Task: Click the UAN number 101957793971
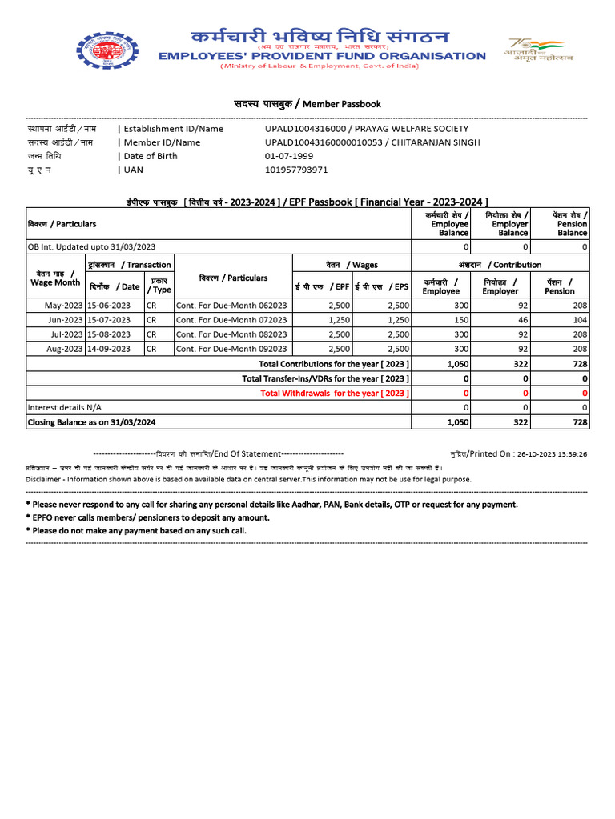pos(296,170)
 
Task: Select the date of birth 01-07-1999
pos(288,156)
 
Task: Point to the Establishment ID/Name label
pos(173,129)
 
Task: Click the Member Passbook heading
pos(307,104)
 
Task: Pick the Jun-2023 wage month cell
pos(56,320)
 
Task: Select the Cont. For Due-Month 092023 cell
pos(231,349)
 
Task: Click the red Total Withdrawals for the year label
pos(335,393)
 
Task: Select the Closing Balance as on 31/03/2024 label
pos(91,421)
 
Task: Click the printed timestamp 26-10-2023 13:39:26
pos(552,453)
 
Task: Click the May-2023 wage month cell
pos(56,306)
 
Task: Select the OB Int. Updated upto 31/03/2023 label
pos(91,247)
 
